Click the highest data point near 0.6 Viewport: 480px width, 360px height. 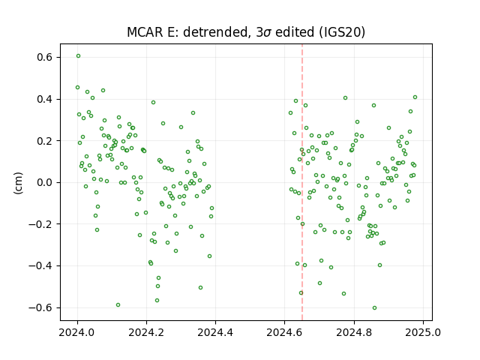click(78, 56)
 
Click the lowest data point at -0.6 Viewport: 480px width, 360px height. click(374, 308)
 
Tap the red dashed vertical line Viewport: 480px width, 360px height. click(302, 182)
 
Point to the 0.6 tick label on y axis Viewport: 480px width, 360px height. click(44, 58)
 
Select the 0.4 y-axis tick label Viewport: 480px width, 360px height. click(44, 99)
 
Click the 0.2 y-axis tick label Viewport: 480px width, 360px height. click(44, 141)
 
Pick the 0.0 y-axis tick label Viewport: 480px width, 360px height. click(44, 182)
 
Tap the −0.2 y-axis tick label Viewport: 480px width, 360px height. click(40, 224)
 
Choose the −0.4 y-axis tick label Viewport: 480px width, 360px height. click(40, 265)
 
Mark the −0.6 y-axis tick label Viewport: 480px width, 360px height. click(40, 307)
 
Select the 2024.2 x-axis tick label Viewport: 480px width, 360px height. click(146, 332)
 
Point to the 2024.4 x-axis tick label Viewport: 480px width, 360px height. click(215, 332)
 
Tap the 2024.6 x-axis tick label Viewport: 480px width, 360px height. click(284, 332)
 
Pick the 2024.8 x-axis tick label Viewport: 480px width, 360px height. click(354, 332)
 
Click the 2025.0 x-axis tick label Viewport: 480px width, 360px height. click(423, 332)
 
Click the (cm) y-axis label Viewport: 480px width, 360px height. click(18, 183)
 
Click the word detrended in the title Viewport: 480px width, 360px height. click(216, 32)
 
